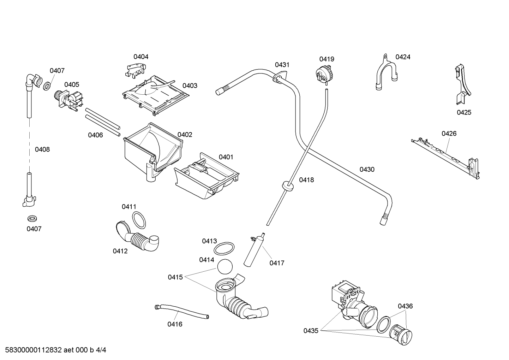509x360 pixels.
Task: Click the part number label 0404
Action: click(x=141, y=57)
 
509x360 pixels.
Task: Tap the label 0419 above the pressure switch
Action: click(x=327, y=59)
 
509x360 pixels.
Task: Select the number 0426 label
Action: click(x=449, y=134)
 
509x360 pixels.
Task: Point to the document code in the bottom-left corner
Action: click(x=56, y=350)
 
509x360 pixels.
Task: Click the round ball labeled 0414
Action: click(x=225, y=266)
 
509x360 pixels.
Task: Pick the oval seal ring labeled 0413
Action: click(x=224, y=249)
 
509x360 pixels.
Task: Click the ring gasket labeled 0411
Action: click(x=139, y=220)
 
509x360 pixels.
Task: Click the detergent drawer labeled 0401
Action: click(x=206, y=176)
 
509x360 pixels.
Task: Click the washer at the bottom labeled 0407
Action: click(x=32, y=219)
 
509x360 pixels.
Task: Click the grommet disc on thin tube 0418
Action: click(x=287, y=185)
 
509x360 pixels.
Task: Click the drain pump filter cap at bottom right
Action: click(x=401, y=334)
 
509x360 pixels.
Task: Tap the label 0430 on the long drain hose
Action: click(x=367, y=170)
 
